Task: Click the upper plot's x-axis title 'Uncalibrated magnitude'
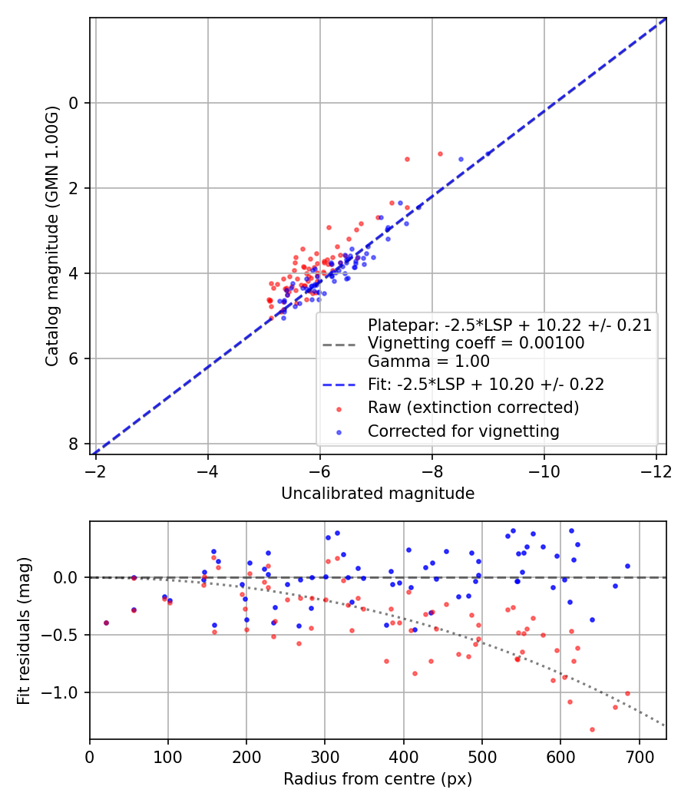tap(378, 494)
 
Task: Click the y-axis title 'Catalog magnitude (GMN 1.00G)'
tap(51, 235)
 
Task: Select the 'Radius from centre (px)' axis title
tap(378, 779)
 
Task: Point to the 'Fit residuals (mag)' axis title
tap(24, 629)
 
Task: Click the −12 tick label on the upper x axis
tap(655, 471)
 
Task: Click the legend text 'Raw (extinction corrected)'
tap(473, 408)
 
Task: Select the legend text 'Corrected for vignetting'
tap(464, 431)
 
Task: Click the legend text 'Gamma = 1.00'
tap(428, 362)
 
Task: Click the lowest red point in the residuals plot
tap(592, 729)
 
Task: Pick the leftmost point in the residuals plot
tap(106, 623)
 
